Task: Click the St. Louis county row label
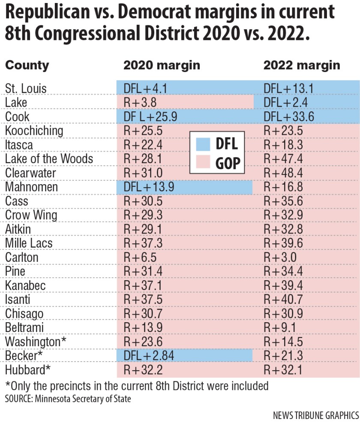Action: pyautogui.click(x=26, y=88)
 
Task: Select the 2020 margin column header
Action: pyautogui.click(x=162, y=65)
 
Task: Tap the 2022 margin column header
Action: pyautogui.click(x=302, y=65)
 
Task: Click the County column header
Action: pyautogui.click(x=27, y=66)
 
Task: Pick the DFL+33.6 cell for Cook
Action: pyautogui.click(x=289, y=117)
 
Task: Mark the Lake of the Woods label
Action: pyautogui.click(x=49, y=159)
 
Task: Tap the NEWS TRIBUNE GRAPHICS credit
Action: pyautogui.click(x=316, y=415)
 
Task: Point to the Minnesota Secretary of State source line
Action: pyautogui.click(x=68, y=399)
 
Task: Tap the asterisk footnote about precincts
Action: pyautogui.click(x=136, y=386)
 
